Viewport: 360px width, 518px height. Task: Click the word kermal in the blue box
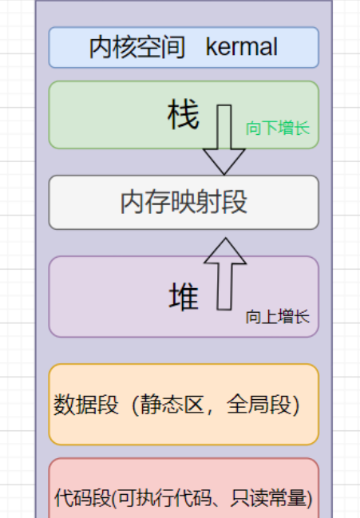click(241, 47)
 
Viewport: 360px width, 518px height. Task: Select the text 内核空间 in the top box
click(137, 47)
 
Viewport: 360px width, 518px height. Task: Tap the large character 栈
click(184, 114)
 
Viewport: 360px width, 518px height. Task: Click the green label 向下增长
click(278, 128)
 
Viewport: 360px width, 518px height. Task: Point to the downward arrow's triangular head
click(224, 160)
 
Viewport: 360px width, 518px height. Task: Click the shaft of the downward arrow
click(224, 127)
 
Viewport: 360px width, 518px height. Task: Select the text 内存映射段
click(184, 202)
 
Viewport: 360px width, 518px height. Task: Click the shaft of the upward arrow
click(224, 287)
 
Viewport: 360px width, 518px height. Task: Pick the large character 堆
click(184, 296)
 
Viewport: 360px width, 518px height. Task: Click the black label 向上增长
click(278, 317)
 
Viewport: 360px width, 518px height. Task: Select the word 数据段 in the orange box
click(86, 404)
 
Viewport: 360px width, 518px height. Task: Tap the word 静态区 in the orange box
click(172, 404)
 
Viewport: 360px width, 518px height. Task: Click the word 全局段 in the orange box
click(259, 404)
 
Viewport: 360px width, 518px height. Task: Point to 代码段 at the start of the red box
click(83, 497)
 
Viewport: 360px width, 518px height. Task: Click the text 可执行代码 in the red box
click(164, 497)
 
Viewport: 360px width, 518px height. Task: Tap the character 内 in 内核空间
click(101, 47)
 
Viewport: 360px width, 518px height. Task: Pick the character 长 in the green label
click(303, 128)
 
